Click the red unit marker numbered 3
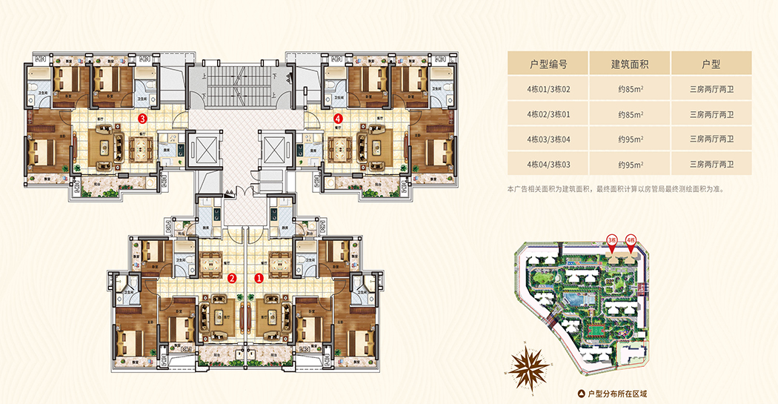[142, 117]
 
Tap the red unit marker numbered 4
[339, 117]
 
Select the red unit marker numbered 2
[232, 279]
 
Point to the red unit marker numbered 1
[259, 279]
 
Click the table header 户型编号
[548, 64]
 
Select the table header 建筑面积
[630, 64]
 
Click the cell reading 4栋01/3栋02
[548, 90]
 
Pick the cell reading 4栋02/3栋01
[548, 115]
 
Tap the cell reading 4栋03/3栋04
[548, 139]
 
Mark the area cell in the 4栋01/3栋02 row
[630, 90]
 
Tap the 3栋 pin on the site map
[612, 241]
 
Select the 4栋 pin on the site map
[631, 241]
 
